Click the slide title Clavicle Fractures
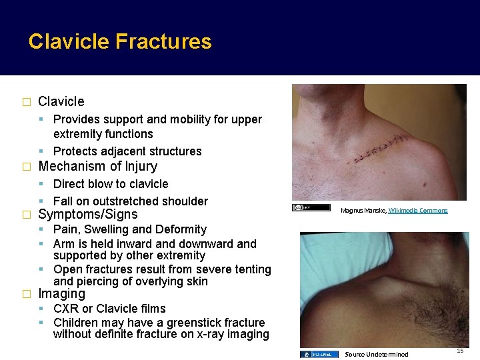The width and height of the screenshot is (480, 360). click(x=120, y=41)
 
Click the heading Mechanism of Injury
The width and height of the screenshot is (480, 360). click(x=98, y=166)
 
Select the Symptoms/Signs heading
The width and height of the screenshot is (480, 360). click(x=88, y=214)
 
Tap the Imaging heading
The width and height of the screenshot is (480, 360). click(x=62, y=293)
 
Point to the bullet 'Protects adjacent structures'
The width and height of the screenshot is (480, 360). click(x=127, y=151)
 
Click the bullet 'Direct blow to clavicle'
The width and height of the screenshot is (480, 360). click(x=111, y=184)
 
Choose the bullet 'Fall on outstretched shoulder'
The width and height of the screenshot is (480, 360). click(x=131, y=201)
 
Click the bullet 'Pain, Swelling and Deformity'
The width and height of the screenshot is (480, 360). click(x=130, y=229)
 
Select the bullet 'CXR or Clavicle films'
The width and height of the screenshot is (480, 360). click(x=109, y=309)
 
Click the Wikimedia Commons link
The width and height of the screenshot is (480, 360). click(x=418, y=211)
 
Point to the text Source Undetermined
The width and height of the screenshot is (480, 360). click(x=376, y=354)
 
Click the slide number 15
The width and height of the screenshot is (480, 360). click(x=460, y=351)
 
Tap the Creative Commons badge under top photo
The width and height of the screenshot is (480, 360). click(x=311, y=207)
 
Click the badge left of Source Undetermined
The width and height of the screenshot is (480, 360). click(x=319, y=354)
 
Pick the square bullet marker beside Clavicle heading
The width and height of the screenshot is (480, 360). click(x=27, y=102)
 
